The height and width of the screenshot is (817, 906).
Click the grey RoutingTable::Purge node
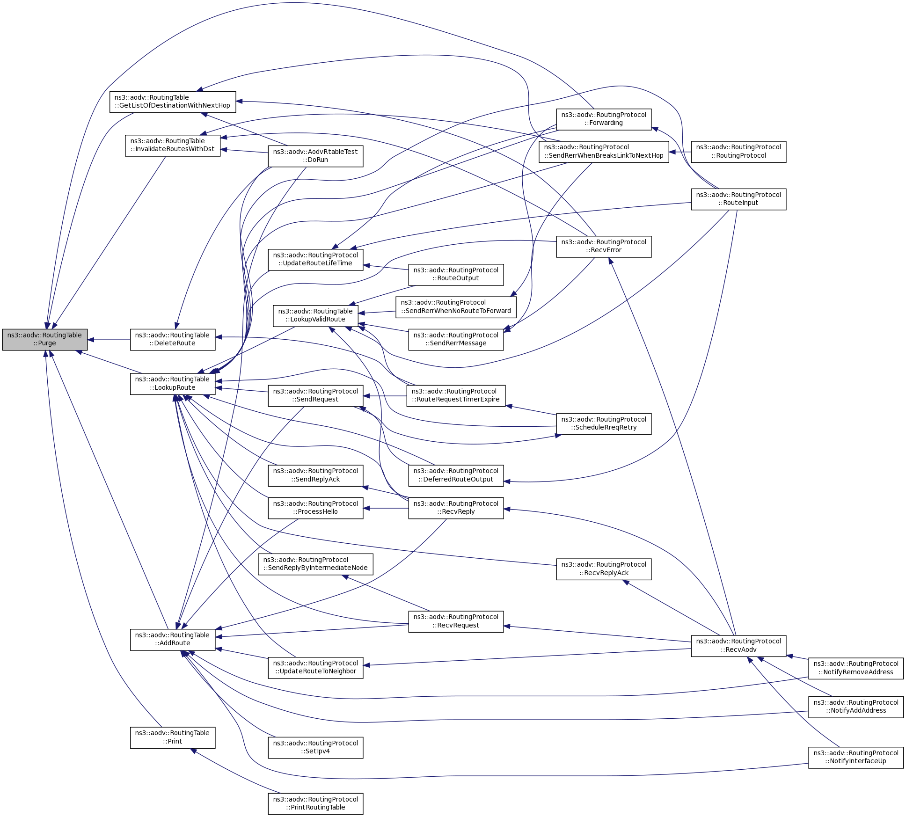(x=44, y=339)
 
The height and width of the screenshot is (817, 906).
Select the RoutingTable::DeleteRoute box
(x=173, y=339)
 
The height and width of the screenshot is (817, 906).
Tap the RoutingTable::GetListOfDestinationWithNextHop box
(x=173, y=102)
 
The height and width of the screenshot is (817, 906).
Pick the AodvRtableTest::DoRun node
(x=315, y=156)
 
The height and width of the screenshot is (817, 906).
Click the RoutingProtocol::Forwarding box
(x=604, y=119)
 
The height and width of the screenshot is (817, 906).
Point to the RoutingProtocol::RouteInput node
(x=738, y=199)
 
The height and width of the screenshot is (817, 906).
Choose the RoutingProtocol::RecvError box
(x=604, y=246)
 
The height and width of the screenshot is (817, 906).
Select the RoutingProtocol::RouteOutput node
(x=456, y=274)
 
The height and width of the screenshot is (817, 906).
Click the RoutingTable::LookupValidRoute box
(x=315, y=315)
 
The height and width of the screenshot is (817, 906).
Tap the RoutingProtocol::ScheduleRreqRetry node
(x=604, y=423)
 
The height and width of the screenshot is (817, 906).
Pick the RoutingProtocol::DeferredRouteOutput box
(x=456, y=475)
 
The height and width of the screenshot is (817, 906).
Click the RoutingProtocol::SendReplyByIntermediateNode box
(x=315, y=564)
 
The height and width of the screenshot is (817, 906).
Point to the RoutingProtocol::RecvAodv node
(x=738, y=645)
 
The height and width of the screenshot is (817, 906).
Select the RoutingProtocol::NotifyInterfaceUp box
(x=855, y=757)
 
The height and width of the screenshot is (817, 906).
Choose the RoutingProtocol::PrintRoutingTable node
(x=315, y=803)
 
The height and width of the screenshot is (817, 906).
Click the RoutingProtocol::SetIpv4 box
(x=315, y=747)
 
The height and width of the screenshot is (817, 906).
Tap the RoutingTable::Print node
(x=173, y=737)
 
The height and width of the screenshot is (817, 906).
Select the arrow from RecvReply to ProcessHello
(x=386, y=508)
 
